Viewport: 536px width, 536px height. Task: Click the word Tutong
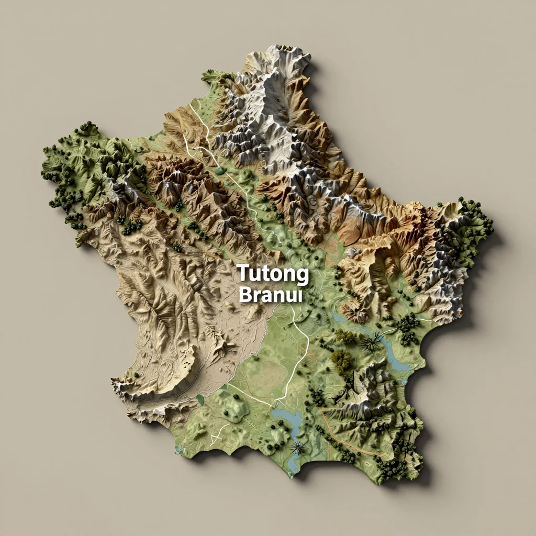(273, 274)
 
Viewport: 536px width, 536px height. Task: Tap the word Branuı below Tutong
(270, 295)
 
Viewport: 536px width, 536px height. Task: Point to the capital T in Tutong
(243, 273)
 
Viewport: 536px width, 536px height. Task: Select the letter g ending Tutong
(302, 276)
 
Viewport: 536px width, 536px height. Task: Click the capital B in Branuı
(244, 295)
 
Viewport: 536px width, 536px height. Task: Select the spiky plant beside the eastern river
(371, 343)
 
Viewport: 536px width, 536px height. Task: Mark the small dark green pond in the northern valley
(219, 170)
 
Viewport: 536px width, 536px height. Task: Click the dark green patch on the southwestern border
(200, 400)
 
